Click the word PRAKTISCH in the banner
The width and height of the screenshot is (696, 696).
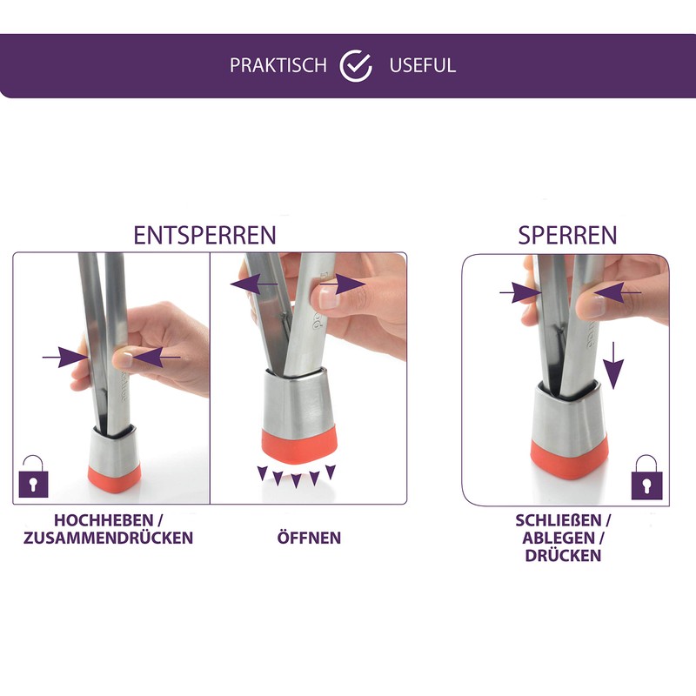click(278, 66)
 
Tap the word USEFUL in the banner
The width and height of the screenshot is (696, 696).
click(422, 66)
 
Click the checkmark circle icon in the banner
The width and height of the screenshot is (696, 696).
click(356, 66)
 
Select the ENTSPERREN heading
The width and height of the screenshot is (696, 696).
click(204, 235)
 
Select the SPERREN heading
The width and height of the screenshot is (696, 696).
click(567, 235)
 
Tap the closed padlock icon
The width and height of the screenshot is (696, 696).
click(646, 478)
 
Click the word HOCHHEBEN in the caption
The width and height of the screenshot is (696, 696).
click(104, 520)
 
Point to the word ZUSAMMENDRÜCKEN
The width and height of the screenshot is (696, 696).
click(108, 538)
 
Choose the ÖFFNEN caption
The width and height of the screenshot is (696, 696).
click(309, 538)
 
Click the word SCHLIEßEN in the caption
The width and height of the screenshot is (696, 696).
click(559, 520)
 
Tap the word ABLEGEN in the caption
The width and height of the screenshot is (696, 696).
click(559, 538)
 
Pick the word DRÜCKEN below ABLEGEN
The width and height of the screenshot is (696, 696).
click(563, 555)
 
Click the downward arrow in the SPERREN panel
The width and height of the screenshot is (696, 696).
click(613, 365)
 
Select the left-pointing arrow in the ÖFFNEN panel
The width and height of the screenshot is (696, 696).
click(254, 284)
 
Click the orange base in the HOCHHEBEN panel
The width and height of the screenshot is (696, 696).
click(115, 477)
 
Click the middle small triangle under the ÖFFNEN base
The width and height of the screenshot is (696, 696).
click(296, 481)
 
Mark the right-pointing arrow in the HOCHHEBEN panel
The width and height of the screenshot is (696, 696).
click(65, 358)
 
